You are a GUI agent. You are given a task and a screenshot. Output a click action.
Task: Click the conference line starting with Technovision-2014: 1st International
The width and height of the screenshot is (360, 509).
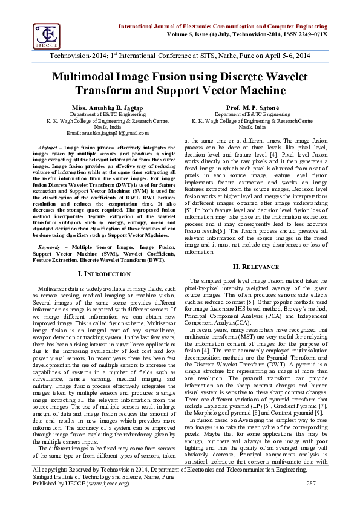pos(180,55)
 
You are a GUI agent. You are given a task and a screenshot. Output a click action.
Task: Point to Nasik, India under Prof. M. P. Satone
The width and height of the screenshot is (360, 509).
pos(252,127)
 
